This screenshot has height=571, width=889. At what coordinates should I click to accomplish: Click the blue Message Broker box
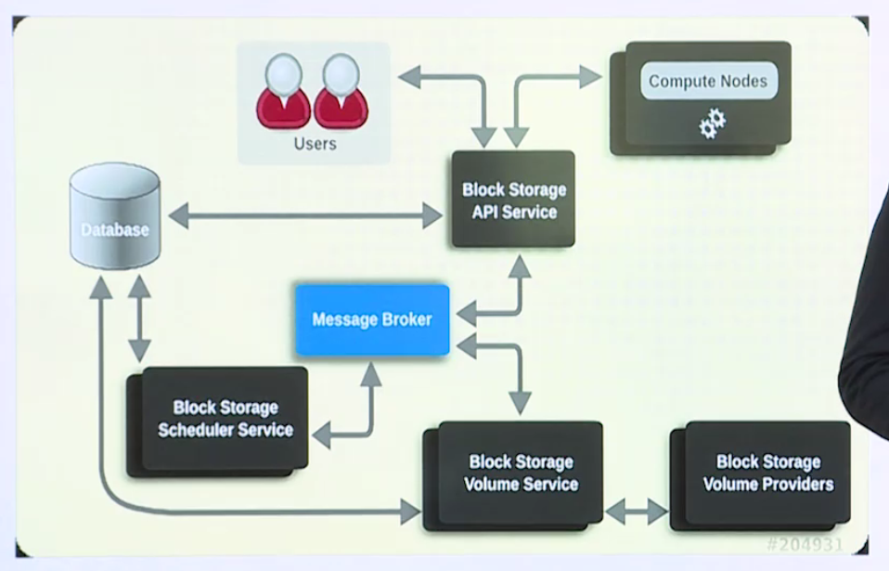click(372, 320)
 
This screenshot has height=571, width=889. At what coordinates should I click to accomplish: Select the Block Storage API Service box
click(513, 200)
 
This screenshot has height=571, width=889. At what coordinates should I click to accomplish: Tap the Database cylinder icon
click(114, 218)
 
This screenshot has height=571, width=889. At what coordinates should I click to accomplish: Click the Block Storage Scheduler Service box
click(225, 418)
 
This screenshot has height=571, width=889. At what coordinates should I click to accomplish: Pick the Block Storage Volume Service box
click(521, 473)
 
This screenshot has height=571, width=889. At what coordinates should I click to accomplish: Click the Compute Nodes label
click(708, 81)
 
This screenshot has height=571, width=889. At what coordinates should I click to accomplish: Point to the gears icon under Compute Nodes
click(712, 123)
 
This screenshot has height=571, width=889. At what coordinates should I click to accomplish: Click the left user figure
click(283, 93)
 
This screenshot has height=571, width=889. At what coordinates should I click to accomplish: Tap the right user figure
click(341, 93)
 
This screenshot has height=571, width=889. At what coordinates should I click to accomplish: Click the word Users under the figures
click(315, 144)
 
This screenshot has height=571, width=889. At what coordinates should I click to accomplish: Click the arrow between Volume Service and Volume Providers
click(637, 511)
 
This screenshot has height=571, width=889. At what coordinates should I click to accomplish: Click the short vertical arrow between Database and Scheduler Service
click(139, 318)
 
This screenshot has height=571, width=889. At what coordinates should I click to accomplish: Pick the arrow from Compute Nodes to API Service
click(538, 79)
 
